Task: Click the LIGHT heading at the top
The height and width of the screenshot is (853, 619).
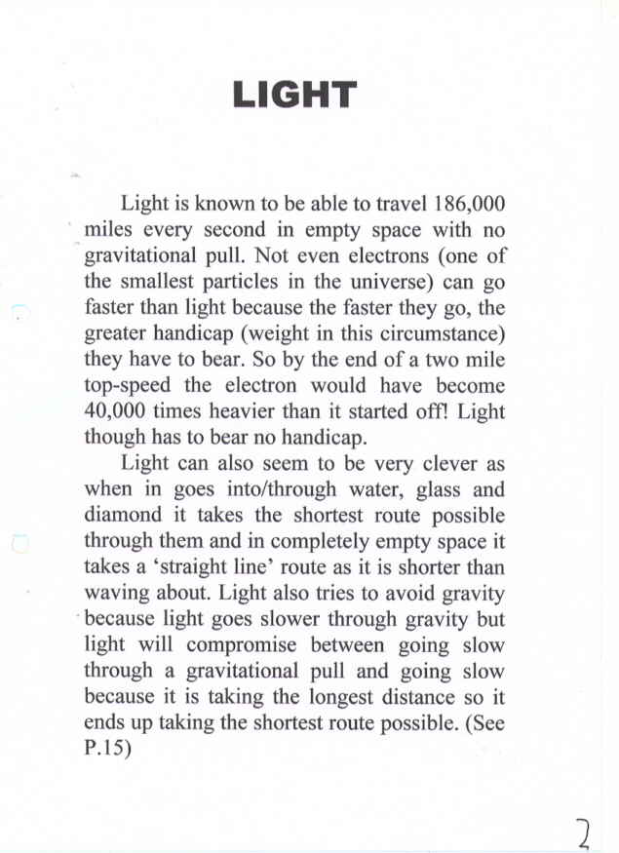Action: coord(294,95)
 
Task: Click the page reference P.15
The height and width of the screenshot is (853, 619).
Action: coord(109,748)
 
